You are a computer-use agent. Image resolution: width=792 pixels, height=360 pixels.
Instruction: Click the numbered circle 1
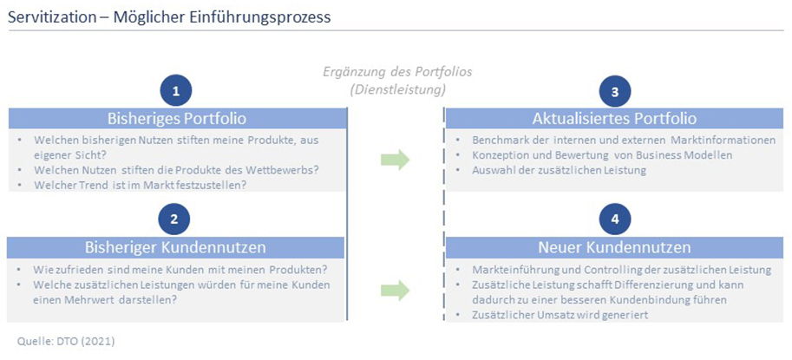tap(175, 91)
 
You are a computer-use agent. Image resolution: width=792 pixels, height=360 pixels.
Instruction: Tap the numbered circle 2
tap(174, 219)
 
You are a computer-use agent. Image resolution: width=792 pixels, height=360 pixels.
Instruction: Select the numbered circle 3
tap(614, 91)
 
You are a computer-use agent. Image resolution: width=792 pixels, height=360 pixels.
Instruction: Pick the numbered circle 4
tap(614, 219)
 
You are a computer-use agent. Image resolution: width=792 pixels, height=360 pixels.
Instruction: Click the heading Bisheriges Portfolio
tap(177, 119)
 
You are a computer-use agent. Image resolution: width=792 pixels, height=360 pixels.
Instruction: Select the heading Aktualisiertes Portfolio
tap(614, 119)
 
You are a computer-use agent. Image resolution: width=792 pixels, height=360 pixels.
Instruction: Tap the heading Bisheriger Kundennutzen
tap(175, 247)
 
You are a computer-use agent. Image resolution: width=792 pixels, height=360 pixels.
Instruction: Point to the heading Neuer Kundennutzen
tap(614, 247)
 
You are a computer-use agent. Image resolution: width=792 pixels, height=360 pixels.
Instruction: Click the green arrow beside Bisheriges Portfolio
tap(395, 159)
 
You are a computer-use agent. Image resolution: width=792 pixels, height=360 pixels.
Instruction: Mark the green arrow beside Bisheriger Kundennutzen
tap(395, 291)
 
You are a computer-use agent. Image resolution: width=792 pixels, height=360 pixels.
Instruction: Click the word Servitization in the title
tap(53, 17)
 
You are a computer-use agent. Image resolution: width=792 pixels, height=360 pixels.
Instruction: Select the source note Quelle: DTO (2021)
tap(66, 341)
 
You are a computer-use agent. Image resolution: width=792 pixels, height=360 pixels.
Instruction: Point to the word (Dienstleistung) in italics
tap(398, 90)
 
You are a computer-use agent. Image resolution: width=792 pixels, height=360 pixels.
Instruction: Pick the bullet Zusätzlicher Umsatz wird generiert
tap(560, 315)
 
